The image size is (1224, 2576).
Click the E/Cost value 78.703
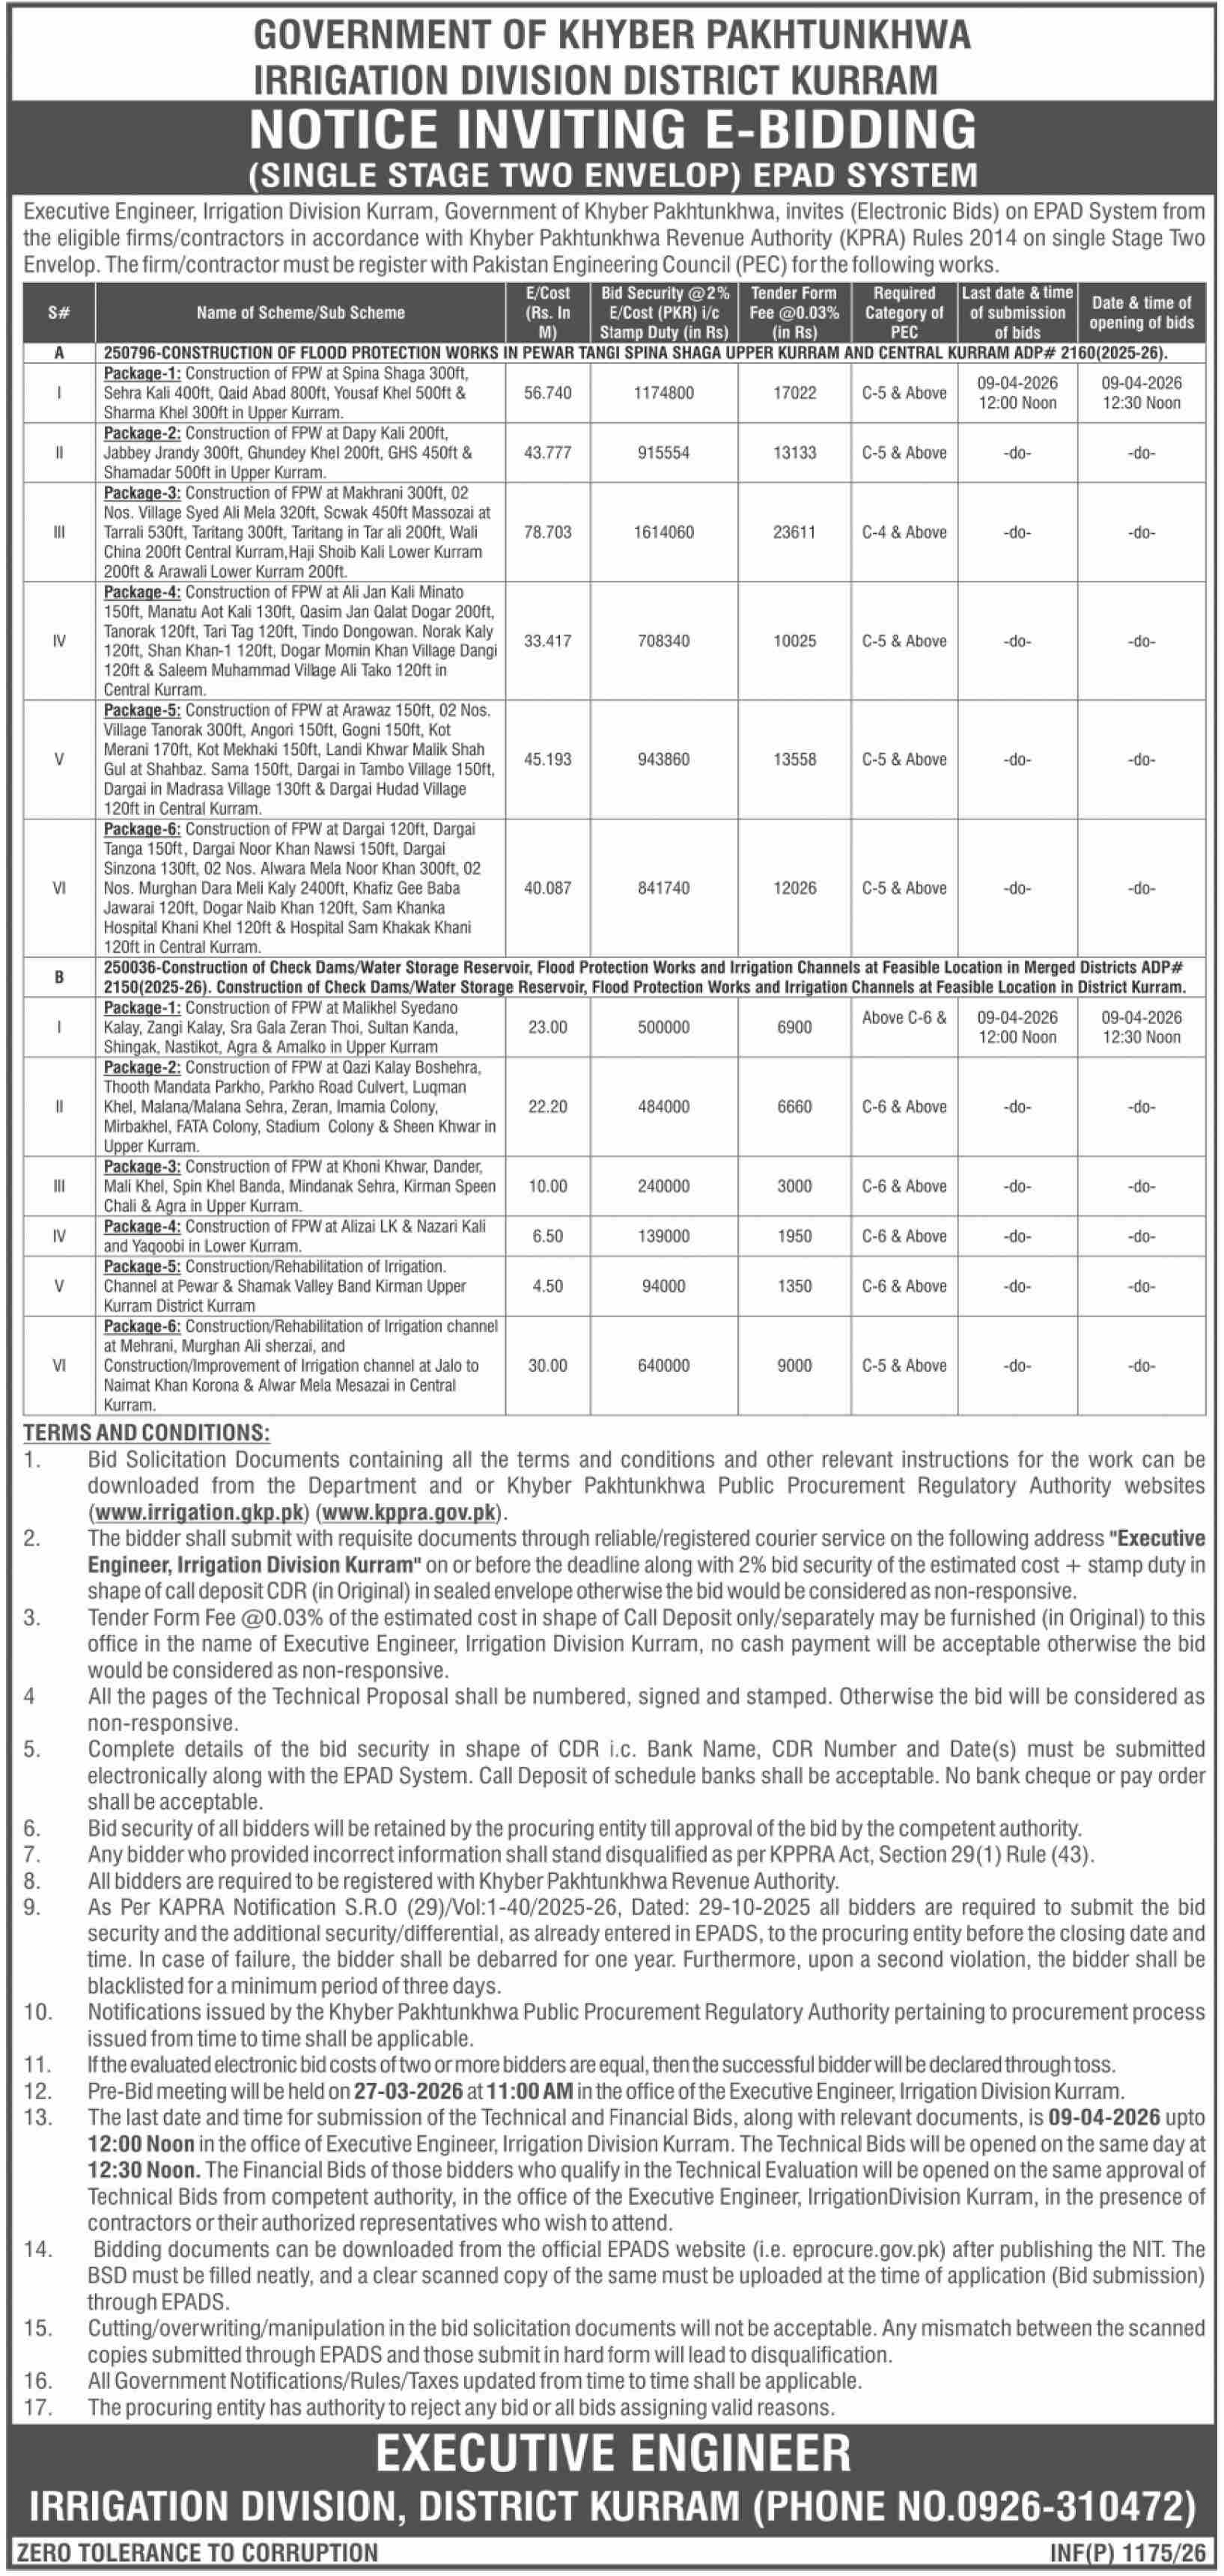tap(547, 532)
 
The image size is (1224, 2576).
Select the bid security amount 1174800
tap(663, 393)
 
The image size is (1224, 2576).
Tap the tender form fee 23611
tap(794, 532)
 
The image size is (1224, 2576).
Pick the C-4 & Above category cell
tap(904, 532)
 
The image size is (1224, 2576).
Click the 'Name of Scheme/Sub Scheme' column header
tap(300, 313)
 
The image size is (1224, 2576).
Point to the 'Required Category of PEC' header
tap(904, 313)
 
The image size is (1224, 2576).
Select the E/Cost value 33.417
tap(547, 641)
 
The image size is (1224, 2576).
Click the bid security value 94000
tap(663, 1286)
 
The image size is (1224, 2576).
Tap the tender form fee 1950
tap(794, 1236)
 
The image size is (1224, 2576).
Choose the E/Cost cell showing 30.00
tap(547, 1365)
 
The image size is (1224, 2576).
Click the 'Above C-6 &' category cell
tap(904, 1018)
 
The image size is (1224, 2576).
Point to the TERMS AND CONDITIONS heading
tap(146, 1432)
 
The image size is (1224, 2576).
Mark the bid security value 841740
tap(663, 888)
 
